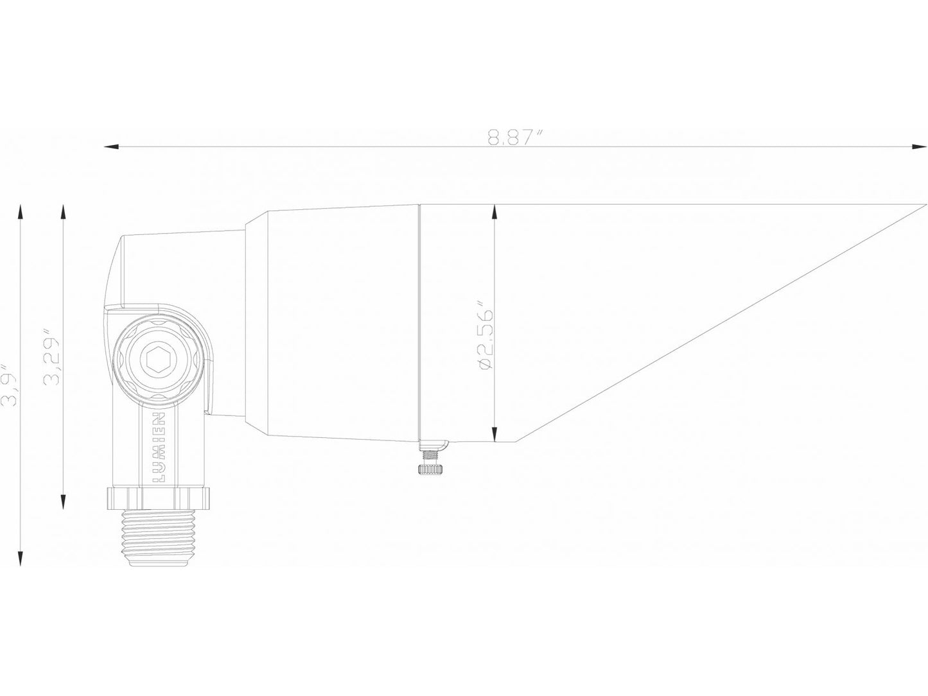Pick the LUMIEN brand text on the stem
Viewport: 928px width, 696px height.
click(161, 448)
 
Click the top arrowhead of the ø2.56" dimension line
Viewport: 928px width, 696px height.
click(494, 211)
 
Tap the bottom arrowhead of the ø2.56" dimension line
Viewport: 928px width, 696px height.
click(494, 437)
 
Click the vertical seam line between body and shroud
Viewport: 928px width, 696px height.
click(418, 321)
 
